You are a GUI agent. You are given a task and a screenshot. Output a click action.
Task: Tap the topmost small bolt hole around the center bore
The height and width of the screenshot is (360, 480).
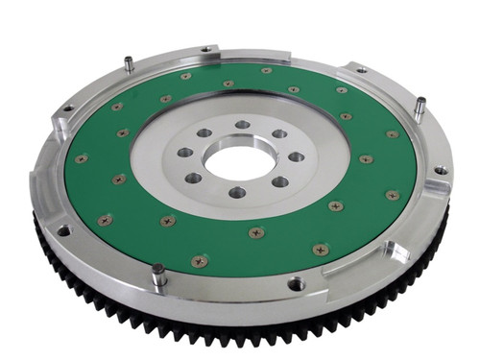pyautogui.click(x=243, y=124)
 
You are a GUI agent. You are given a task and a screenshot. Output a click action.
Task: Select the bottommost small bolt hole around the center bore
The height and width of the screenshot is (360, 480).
pyautogui.click(x=237, y=192)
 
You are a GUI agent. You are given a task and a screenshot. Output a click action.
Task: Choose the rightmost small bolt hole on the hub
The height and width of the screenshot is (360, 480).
pyautogui.click(x=296, y=156)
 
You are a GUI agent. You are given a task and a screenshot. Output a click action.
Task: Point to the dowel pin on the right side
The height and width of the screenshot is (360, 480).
pyautogui.click(x=419, y=108)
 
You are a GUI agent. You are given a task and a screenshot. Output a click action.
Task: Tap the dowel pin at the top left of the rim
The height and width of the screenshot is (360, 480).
pyautogui.click(x=128, y=64)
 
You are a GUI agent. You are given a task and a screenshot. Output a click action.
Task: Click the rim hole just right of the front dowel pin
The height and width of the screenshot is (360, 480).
pyautogui.click(x=296, y=284)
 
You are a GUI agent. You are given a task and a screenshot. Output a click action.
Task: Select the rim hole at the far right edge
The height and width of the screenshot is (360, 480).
pyautogui.click(x=440, y=170)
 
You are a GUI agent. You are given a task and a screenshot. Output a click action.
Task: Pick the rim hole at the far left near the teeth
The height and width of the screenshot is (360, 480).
pyautogui.click(x=63, y=230)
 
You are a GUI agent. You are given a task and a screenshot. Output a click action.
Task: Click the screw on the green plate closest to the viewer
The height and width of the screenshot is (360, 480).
pyautogui.click(x=200, y=260)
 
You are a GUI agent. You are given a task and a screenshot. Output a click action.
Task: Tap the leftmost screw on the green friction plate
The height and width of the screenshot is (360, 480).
pyautogui.click(x=82, y=158)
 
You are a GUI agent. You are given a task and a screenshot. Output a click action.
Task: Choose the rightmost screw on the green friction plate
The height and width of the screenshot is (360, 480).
pyautogui.click(x=393, y=195)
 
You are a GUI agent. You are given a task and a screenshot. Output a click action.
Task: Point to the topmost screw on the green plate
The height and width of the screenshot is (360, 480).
pyautogui.click(x=266, y=70)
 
